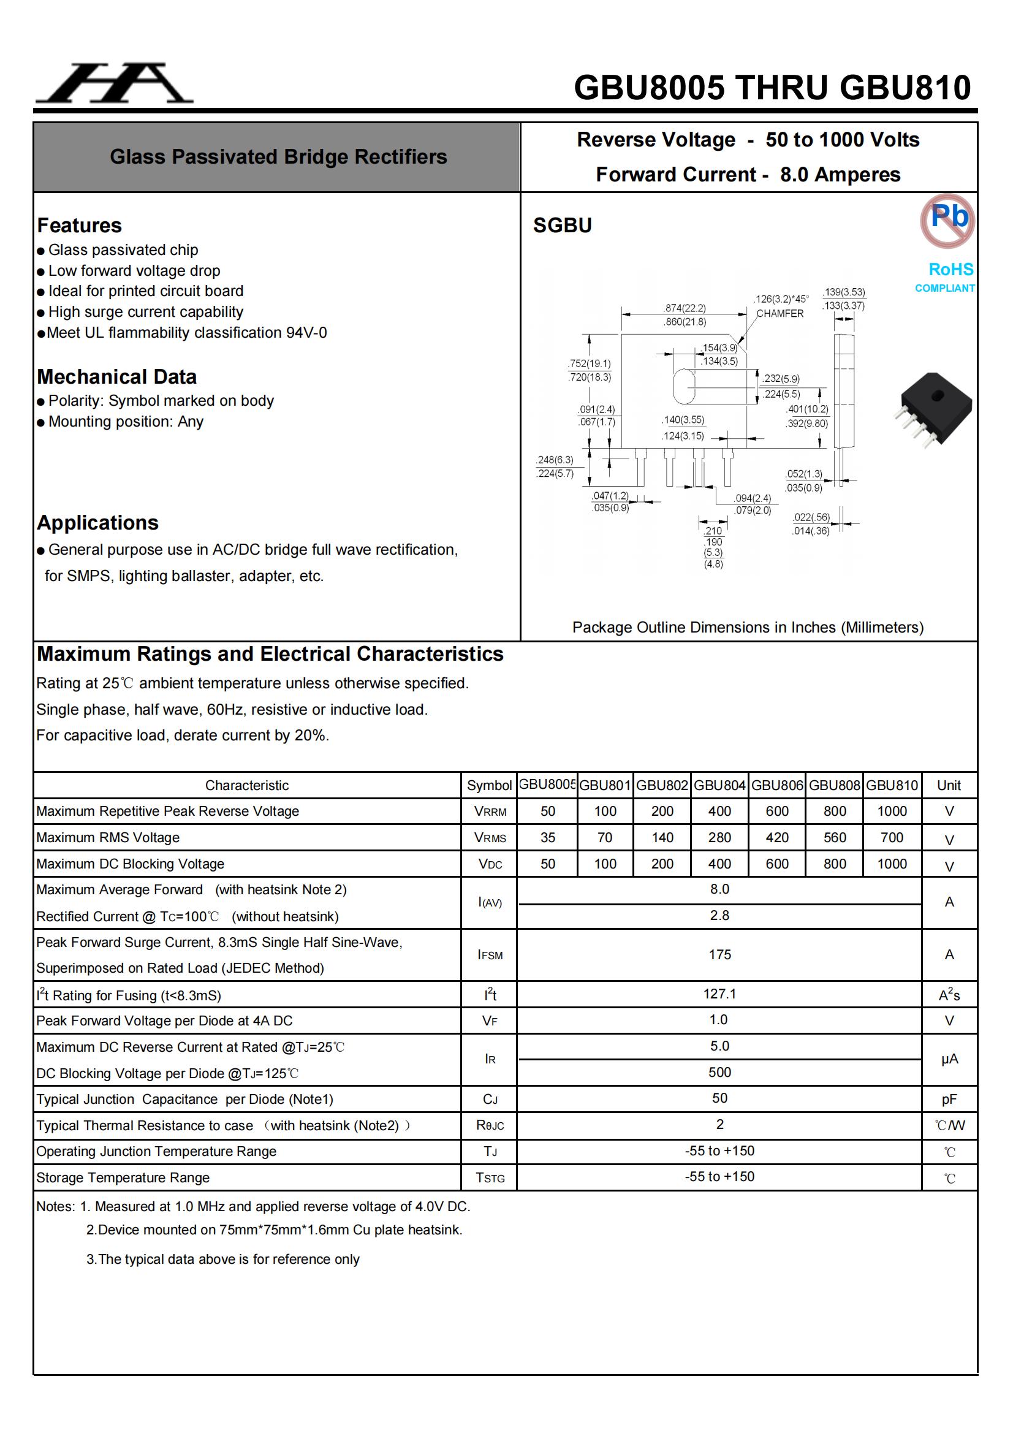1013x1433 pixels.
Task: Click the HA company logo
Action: (114, 83)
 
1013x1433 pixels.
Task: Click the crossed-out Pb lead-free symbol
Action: (947, 220)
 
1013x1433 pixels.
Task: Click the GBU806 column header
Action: (776, 785)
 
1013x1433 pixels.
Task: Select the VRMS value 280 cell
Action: (719, 838)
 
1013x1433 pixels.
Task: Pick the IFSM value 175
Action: (719, 954)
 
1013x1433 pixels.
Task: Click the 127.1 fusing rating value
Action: (719, 994)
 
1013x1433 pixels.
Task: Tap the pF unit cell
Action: (949, 1099)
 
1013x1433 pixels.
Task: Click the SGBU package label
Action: (562, 226)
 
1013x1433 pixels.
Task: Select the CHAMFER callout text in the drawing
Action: (780, 313)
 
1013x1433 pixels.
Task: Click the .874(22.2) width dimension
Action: (684, 308)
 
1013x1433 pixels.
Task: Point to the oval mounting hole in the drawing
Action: (684, 386)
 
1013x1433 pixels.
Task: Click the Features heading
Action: (79, 226)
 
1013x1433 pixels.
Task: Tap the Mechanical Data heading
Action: (116, 377)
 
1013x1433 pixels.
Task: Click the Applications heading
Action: (97, 522)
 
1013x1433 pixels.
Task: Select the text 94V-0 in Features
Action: (306, 333)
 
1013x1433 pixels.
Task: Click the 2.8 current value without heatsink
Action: (719, 916)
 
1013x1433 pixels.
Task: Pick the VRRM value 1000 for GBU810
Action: (891, 812)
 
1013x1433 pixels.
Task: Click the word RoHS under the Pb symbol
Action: (950, 269)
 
